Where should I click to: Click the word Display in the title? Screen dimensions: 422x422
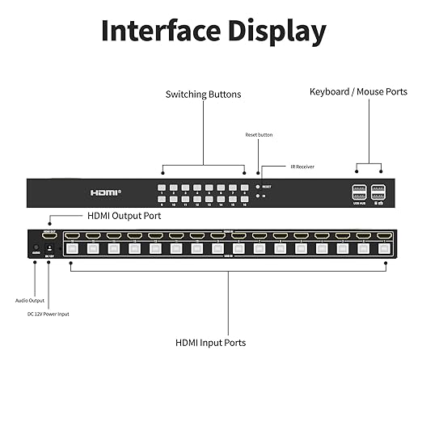pos(276,32)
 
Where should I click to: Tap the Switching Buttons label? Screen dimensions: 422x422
pos(203,95)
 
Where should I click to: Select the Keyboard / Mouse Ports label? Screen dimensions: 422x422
pos(358,92)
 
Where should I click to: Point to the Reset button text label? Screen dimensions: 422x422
pos(259,134)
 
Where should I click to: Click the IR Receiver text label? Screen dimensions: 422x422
pos(302,167)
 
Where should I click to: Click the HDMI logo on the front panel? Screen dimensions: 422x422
pos(105,192)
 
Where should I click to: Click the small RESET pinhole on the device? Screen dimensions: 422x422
pos(258,186)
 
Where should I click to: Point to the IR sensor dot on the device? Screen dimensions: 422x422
pos(258,196)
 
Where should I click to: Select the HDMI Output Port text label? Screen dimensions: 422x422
pos(124,216)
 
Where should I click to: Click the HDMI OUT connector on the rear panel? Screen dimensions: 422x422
pos(49,236)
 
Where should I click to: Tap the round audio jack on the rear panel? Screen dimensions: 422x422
pos(36,247)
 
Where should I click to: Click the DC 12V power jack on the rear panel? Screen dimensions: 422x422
pos(49,247)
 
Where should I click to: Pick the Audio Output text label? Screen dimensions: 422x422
pos(30,300)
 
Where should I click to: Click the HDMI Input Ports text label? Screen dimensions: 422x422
pos(211,343)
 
